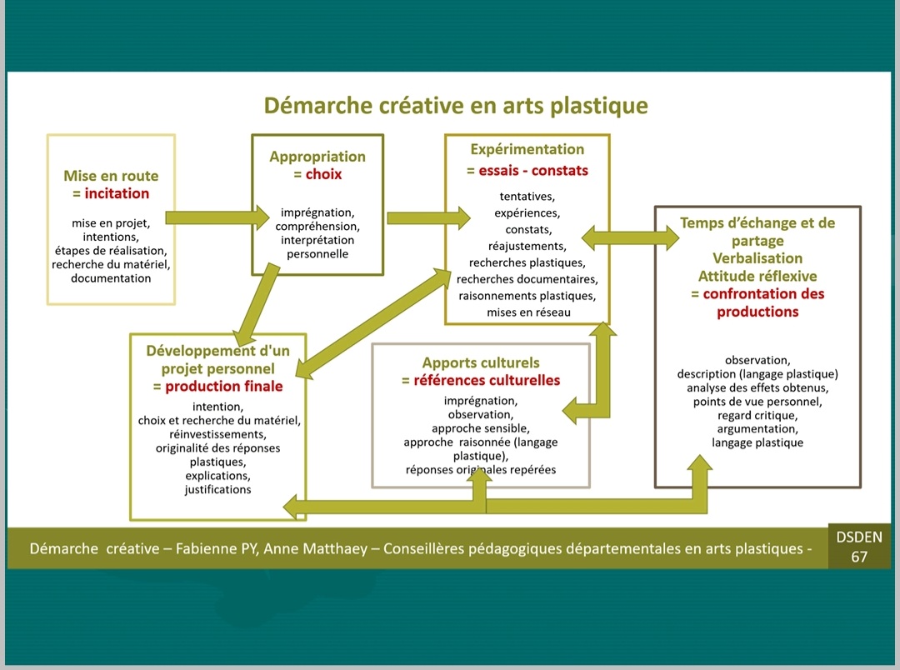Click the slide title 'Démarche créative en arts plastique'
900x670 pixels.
tap(456, 106)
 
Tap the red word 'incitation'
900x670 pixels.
tap(117, 193)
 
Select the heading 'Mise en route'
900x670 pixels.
tap(111, 176)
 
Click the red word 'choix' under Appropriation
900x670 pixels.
tap(323, 174)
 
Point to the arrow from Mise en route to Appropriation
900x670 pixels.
tap(217, 217)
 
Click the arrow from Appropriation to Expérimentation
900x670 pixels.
tap(429, 217)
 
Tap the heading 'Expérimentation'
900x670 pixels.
tap(527, 150)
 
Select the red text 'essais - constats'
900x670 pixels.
tap(534, 171)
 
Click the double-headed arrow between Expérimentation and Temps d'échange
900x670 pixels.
tap(631, 237)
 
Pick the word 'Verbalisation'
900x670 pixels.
tap(757, 258)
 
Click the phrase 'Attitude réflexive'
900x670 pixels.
tap(757, 276)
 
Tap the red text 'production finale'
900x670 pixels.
tap(224, 387)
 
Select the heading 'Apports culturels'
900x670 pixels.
tap(481, 362)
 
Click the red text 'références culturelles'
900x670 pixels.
tap(487, 381)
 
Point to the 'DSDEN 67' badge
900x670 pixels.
tap(859, 547)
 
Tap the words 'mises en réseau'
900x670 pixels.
tap(528, 312)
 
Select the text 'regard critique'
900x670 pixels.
tap(757, 415)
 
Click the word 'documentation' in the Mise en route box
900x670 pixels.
tap(111, 278)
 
